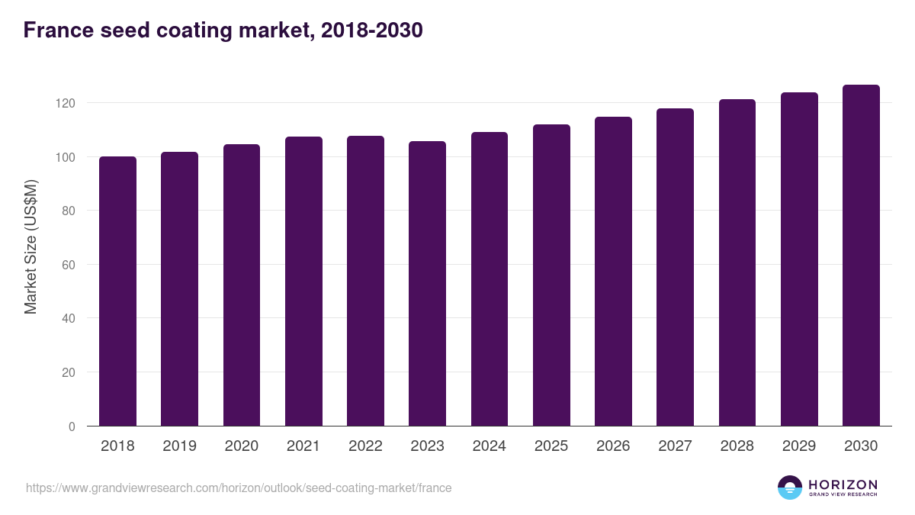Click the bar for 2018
tap(117, 291)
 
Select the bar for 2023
tap(427, 284)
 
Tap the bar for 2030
tap(861, 256)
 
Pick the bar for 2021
tap(303, 282)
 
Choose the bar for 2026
tap(613, 272)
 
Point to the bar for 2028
tap(737, 262)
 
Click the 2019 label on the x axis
tap(179, 446)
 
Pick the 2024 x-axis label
tap(489, 446)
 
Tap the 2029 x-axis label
tap(799, 446)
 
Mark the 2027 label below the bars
tap(675, 446)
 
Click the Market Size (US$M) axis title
tap(30, 246)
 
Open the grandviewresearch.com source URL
tap(239, 488)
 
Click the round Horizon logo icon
tap(790, 488)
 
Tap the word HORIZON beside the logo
tap(843, 484)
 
